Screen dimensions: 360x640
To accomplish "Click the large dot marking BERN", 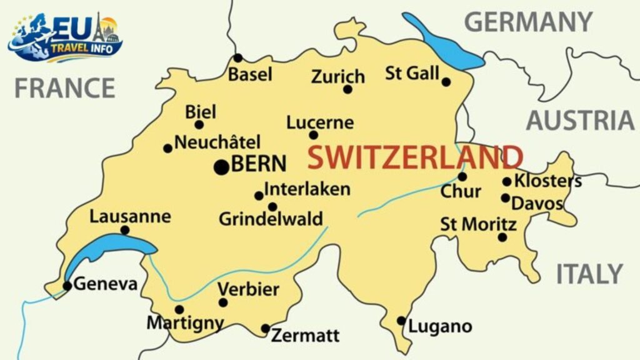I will coord(221,167).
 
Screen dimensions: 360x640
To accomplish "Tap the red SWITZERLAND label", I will coord(414,157).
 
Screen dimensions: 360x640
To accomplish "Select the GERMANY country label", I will coord(528,22).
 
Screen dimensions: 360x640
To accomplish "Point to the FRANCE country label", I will coord(65,88).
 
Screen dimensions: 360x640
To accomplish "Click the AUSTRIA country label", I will coord(580,120).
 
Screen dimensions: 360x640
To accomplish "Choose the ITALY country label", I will coord(589,274).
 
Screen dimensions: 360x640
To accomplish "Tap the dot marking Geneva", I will coord(67,286).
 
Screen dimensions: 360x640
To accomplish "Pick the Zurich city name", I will coord(338,76).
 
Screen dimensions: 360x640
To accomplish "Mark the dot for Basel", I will coord(237,58).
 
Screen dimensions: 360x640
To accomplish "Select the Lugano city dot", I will coord(401,321).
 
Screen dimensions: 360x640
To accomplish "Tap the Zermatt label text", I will coord(305,336).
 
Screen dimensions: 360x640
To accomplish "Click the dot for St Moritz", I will coord(502,237).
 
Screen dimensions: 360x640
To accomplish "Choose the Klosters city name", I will coord(547,181).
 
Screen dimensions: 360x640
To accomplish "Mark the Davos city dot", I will coord(505,198).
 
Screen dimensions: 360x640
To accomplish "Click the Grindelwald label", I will coord(271,219).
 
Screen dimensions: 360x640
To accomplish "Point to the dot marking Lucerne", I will coord(314,135).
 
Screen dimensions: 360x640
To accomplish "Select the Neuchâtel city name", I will coord(217,142).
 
